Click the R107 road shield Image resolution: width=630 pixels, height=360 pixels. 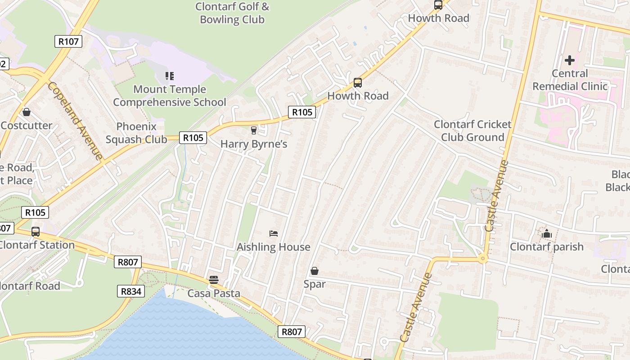point(68,41)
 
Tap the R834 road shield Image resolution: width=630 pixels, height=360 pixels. point(131,291)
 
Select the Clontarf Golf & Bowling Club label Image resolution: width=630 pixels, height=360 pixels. point(232,13)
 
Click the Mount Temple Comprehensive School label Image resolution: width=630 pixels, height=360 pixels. point(170,96)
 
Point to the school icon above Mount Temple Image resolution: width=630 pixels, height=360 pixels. point(169,76)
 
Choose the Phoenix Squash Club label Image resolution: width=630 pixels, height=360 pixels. point(136,133)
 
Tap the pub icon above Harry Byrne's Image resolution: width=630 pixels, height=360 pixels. point(254,130)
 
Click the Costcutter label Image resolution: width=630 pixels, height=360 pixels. point(27,126)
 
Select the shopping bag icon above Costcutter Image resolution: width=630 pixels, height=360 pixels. point(27,112)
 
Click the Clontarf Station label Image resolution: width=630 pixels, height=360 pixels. point(37,245)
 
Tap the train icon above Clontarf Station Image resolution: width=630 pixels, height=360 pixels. point(36,232)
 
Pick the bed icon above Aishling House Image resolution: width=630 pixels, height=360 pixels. point(273,233)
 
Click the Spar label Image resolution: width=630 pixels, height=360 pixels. point(314,284)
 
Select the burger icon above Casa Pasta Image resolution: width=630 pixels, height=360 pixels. point(214,279)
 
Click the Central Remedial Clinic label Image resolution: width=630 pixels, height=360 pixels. point(570,80)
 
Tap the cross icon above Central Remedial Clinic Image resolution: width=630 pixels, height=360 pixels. point(570,60)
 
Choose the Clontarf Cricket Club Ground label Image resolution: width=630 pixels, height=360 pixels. point(472,130)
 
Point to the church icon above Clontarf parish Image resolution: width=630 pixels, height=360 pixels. point(547,233)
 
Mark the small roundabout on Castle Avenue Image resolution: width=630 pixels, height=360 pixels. point(483,259)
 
